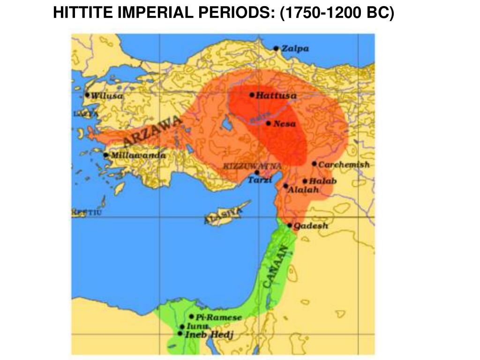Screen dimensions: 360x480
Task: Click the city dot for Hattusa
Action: (252, 95)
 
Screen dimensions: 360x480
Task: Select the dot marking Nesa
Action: (268, 123)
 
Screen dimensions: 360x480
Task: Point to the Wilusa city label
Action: (107, 96)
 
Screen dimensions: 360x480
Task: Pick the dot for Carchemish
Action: (314, 164)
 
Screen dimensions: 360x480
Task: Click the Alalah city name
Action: (303, 190)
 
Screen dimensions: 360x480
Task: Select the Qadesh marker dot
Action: (290, 225)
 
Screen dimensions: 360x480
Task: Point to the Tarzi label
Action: (260, 180)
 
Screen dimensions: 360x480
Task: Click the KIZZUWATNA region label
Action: (253, 166)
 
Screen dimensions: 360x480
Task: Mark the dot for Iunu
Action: (182, 327)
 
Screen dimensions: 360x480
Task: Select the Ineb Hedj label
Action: (209, 335)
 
